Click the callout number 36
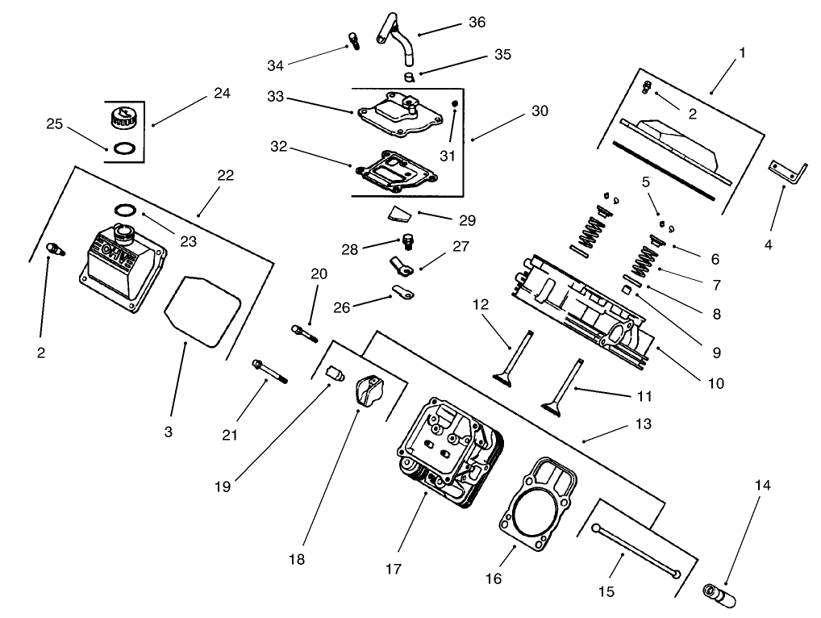(x=477, y=23)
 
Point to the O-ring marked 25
(x=123, y=148)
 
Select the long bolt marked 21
(x=269, y=372)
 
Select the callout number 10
(x=716, y=383)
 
